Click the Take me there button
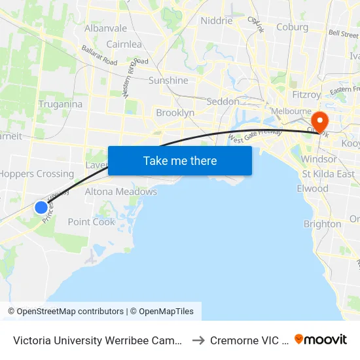(x=180, y=160)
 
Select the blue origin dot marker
(x=41, y=207)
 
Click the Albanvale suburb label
(x=105, y=28)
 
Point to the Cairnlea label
(x=124, y=45)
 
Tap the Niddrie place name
(x=217, y=20)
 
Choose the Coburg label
(x=292, y=27)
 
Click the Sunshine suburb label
(x=168, y=81)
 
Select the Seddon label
(x=223, y=101)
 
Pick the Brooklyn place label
(x=175, y=113)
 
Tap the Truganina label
(x=60, y=104)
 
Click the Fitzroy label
(x=306, y=94)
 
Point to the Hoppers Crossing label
(x=37, y=174)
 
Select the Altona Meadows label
(x=121, y=192)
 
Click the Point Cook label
(x=92, y=222)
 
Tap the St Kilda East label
(x=328, y=174)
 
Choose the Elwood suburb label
(x=312, y=189)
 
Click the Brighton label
(x=322, y=224)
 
